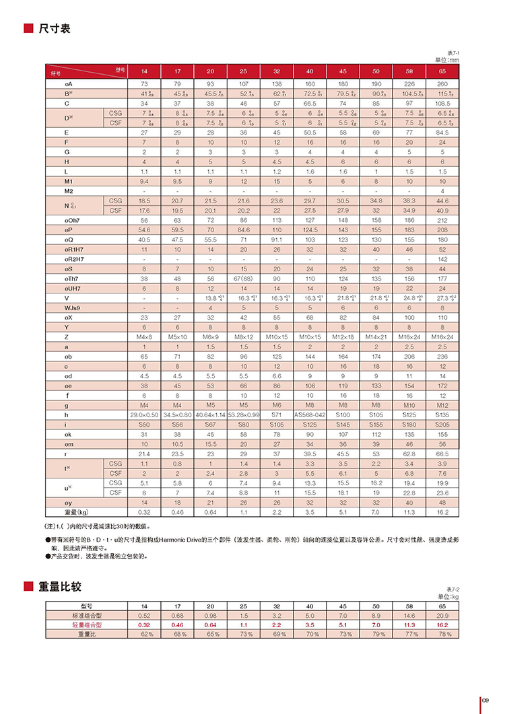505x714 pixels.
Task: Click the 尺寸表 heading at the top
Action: tap(55, 29)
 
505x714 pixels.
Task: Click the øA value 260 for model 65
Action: tap(442, 83)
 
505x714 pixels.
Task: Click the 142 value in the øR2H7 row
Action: tap(442, 258)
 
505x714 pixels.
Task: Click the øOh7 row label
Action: tap(73, 220)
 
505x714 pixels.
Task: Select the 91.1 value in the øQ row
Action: tap(276, 239)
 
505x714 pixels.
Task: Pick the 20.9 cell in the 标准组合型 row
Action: tap(442, 616)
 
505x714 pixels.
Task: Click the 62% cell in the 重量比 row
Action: tap(143, 634)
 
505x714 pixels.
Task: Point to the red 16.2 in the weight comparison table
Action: tap(442, 624)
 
